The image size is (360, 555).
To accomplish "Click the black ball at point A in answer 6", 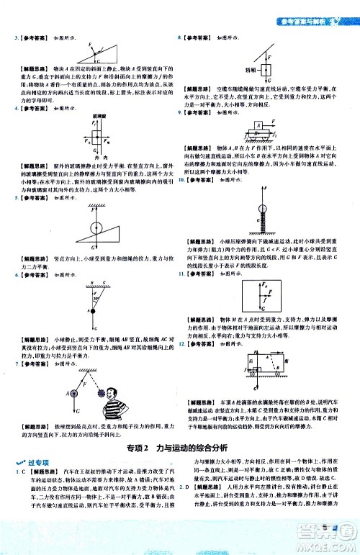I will tap(90, 310).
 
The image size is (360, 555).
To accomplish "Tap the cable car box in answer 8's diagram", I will tap(267, 71).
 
